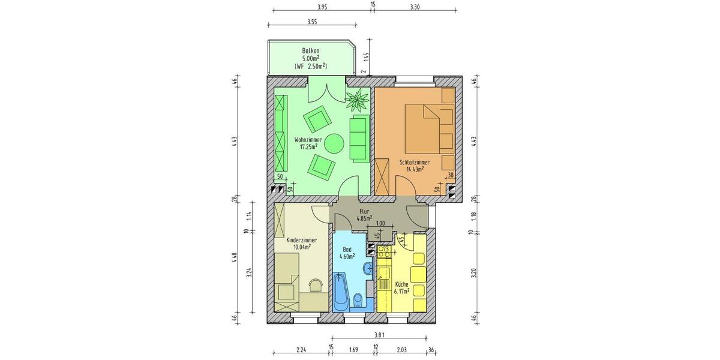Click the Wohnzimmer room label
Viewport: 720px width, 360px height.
point(308,143)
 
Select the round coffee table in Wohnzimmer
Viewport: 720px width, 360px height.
point(333,143)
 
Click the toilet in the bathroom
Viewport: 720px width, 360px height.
point(358,298)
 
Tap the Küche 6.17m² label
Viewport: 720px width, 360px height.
point(402,287)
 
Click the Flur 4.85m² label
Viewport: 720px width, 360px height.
point(364,215)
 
